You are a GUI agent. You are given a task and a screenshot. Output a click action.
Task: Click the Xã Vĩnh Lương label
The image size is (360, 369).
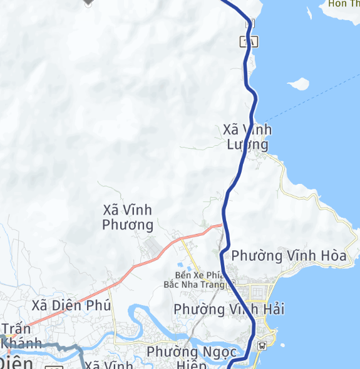click(247, 137)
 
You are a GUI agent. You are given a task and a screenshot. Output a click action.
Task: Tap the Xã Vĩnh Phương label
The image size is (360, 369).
click(128, 217)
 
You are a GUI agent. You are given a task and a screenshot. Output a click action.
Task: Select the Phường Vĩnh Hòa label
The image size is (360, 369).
click(289, 255)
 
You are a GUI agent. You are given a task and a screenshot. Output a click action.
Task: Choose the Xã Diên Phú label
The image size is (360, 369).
click(71, 306)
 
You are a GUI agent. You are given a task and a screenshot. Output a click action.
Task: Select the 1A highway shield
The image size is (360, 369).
click(249, 42)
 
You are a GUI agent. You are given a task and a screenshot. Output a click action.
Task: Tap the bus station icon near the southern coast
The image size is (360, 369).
click(262, 345)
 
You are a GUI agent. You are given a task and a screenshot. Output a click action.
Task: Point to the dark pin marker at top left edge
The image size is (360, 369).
click(88, 3)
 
